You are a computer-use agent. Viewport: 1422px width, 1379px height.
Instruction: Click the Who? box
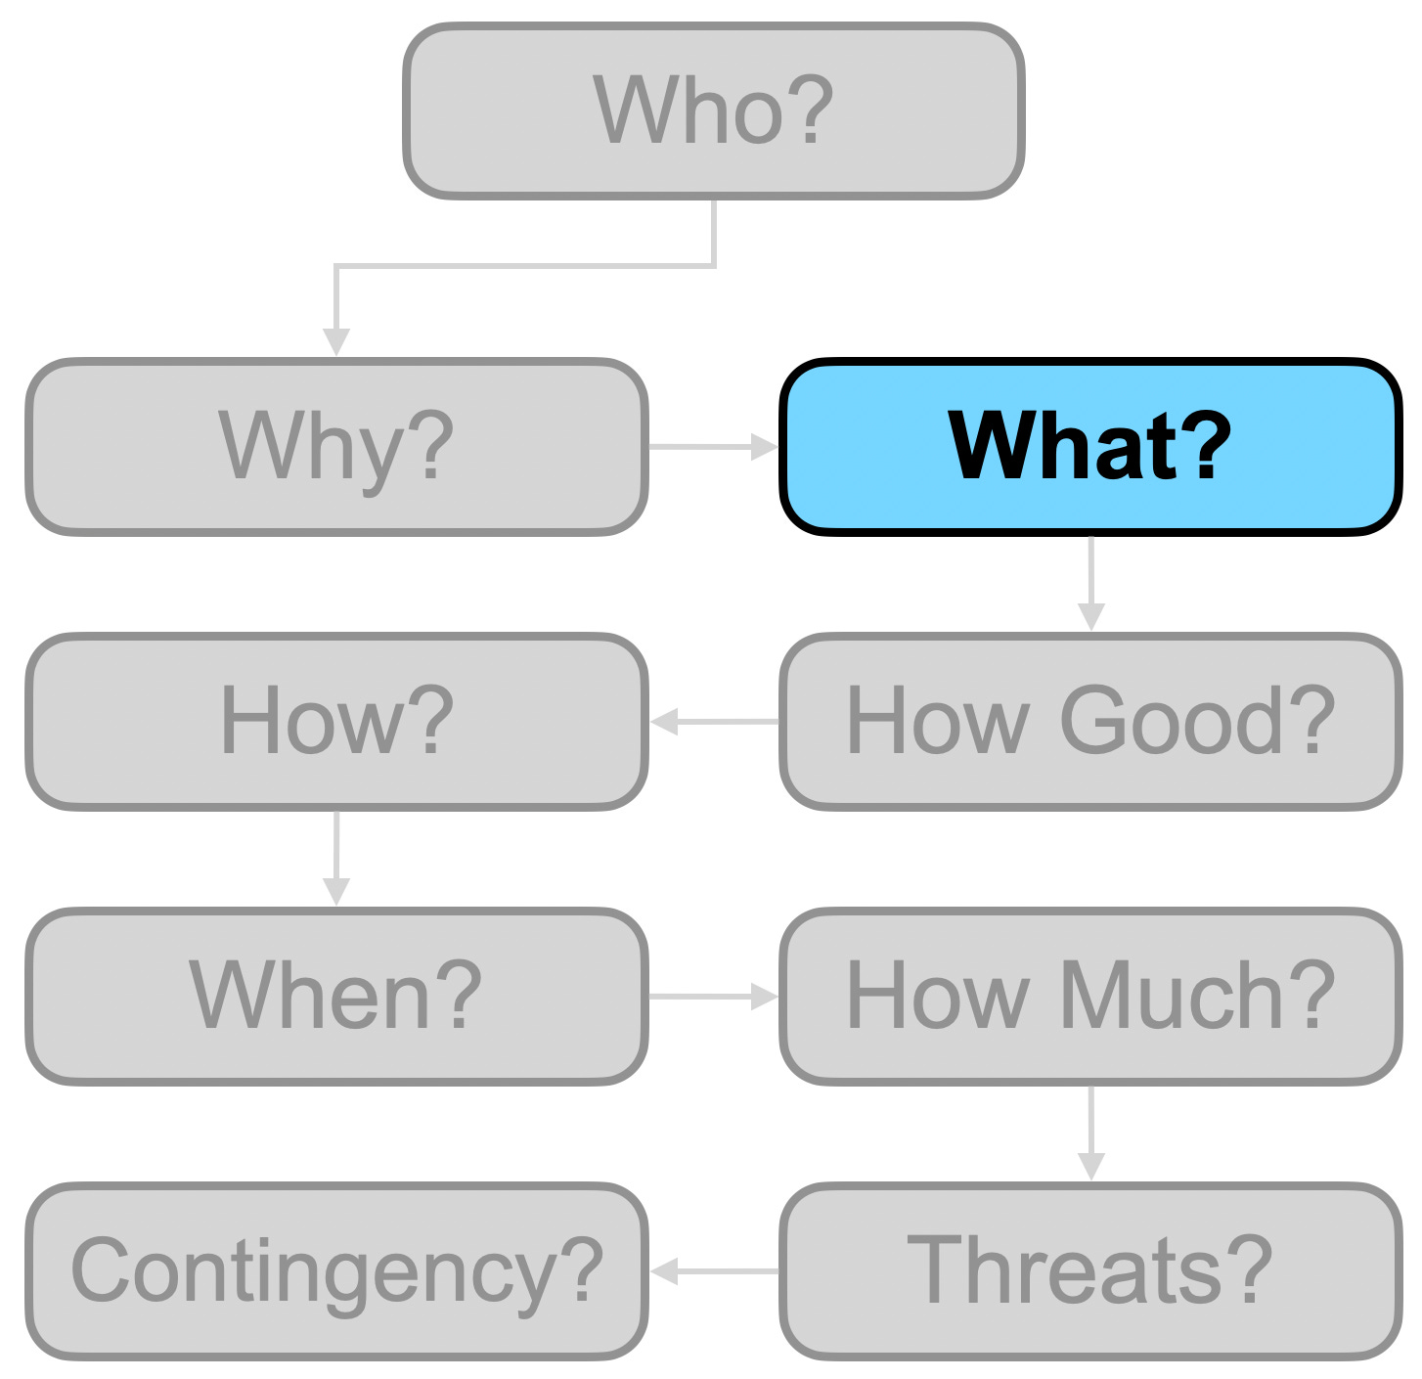(x=714, y=111)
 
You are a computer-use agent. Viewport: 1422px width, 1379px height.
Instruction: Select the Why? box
(x=336, y=447)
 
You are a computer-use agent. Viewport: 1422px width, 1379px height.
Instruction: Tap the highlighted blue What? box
(x=1090, y=447)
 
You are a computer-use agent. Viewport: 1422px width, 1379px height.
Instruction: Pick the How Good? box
(x=1090, y=722)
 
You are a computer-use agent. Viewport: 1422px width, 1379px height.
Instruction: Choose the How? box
(x=336, y=722)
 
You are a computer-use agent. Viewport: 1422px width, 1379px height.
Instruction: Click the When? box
(x=336, y=997)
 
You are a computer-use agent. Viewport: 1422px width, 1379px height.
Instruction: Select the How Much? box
(x=1090, y=997)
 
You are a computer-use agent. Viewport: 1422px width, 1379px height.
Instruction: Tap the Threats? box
(x=1090, y=1271)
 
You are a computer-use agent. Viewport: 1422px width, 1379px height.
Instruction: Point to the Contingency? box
(x=336, y=1271)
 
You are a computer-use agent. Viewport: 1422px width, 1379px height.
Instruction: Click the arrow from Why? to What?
(x=713, y=447)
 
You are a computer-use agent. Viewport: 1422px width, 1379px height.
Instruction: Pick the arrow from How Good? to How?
(x=714, y=722)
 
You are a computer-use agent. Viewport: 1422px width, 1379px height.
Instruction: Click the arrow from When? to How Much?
(x=713, y=997)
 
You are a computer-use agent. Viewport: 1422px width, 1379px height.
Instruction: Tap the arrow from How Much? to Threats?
(x=1090, y=1134)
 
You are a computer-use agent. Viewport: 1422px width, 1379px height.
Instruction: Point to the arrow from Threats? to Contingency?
(x=714, y=1271)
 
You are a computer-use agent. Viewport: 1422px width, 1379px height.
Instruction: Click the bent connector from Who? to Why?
(x=524, y=265)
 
